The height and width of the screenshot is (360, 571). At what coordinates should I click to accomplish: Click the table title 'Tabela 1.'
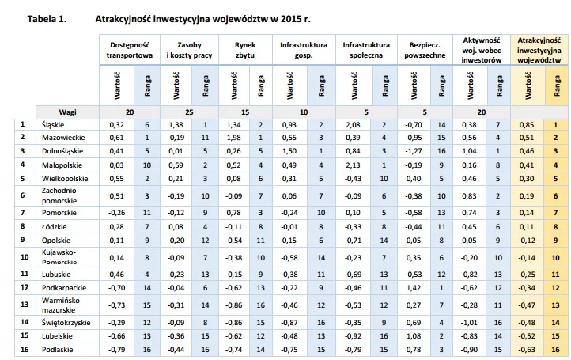point(47,19)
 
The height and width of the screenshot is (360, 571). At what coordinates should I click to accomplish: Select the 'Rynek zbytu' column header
point(245,51)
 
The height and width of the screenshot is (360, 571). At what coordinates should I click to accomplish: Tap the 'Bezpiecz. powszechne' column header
point(425,51)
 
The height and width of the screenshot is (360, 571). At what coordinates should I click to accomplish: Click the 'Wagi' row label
point(68,112)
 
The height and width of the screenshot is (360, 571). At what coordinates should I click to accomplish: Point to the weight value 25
point(189,112)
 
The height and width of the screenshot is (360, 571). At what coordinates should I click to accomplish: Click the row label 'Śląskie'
point(53,125)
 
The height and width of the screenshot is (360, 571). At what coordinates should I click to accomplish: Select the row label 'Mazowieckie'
point(63,138)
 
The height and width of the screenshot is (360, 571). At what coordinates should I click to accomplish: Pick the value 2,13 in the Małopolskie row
point(353,165)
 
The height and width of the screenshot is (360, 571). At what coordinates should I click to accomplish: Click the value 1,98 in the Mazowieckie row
point(233,138)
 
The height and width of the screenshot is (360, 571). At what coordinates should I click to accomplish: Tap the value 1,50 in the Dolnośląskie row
point(289,151)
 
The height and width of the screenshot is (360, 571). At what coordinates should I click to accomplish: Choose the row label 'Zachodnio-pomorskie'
point(60,195)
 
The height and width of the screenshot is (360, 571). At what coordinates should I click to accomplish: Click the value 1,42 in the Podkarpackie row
point(414,287)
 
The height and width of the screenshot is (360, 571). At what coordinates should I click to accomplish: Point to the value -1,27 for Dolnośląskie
point(414,151)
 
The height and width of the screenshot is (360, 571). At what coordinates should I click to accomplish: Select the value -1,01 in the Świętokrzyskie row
point(469,323)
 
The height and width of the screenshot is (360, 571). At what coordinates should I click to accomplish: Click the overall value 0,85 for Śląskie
point(527,125)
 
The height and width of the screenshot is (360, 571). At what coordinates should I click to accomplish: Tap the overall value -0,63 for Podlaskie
point(527,350)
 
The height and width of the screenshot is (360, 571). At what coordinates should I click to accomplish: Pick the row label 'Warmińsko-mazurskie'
point(62,305)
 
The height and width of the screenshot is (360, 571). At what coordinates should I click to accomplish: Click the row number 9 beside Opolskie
point(23,240)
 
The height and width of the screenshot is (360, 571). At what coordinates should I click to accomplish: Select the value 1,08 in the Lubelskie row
point(414,336)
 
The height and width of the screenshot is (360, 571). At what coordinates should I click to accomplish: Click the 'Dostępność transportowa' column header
point(130,51)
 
